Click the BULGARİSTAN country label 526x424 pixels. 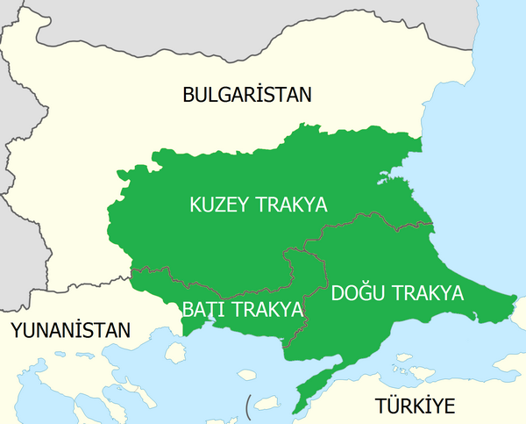(247, 95)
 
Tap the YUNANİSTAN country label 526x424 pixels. (70, 330)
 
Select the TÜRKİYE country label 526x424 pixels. (416, 406)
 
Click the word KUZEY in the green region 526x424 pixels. (219, 205)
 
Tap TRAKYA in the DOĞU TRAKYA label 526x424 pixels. (426, 292)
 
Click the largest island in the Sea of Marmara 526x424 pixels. (402, 358)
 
